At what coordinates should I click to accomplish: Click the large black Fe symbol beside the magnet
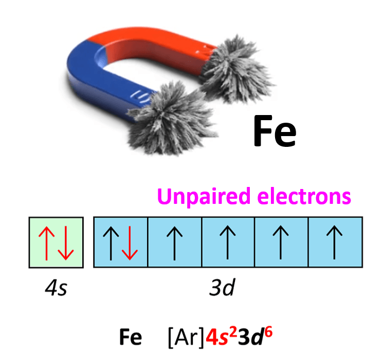275,131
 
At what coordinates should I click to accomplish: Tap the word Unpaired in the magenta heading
204,197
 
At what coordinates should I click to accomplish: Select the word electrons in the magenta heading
304,196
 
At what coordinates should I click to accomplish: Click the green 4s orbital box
56,242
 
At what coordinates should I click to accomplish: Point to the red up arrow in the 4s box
46,243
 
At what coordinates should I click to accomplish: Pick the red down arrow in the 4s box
65,243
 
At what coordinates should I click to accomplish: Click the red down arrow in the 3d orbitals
130,243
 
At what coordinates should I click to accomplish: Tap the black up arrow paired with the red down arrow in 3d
111,243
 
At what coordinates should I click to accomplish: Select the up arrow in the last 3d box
334,242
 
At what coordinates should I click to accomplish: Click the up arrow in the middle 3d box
228,242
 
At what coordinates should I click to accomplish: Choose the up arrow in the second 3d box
174,243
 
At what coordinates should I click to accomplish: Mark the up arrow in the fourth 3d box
281,242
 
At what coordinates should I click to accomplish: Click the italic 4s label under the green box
56,288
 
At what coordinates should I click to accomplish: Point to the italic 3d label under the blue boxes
222,287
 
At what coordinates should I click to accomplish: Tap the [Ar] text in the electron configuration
186,337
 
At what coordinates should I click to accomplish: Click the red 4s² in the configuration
221,336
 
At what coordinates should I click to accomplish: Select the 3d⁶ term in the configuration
255,336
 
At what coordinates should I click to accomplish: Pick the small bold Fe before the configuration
131,337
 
